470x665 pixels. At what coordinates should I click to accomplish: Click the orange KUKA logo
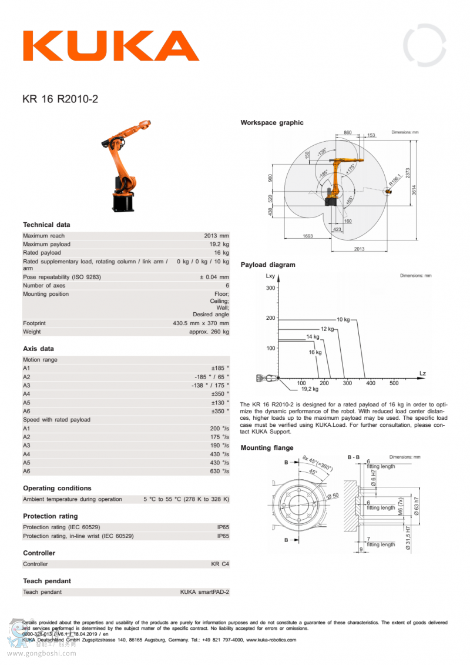pos(111,46)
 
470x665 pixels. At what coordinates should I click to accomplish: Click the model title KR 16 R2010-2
pos(61,99)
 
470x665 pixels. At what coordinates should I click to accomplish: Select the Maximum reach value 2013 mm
pos(216,236)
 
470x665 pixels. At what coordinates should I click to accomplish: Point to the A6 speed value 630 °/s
pos(219,472)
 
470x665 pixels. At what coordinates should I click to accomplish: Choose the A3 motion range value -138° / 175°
pos(210,385)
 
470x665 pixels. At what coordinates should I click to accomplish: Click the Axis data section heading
pos(38,349)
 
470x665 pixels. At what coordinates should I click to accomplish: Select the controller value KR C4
pos(220,564)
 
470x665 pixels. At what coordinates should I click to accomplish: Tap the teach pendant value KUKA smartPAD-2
pos(204,592)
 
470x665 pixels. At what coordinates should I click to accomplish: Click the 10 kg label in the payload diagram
pos(343,319)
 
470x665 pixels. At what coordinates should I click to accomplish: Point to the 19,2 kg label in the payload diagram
pos(310,389)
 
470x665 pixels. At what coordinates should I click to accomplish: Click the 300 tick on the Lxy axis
pos(270,288)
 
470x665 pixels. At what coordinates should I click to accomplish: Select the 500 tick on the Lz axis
pos(394,383)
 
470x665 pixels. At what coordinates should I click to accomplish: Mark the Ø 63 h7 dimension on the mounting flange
pos(417,505)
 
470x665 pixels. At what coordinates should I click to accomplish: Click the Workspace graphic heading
pos(272,123)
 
